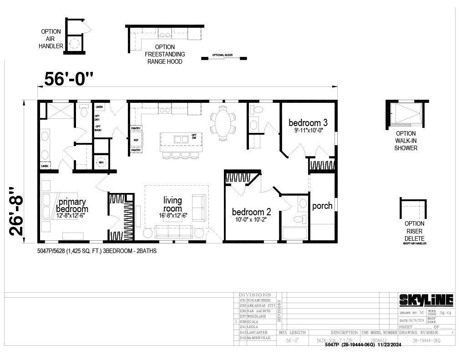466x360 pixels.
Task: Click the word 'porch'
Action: pos(322,206)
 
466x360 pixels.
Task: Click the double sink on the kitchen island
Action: pos(181,139)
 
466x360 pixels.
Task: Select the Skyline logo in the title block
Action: pos(426,300)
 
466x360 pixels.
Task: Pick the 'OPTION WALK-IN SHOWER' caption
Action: pos(406,141)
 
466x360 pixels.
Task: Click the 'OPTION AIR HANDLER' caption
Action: pos(51,39)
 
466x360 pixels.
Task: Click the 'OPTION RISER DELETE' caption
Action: pos(415,231)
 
